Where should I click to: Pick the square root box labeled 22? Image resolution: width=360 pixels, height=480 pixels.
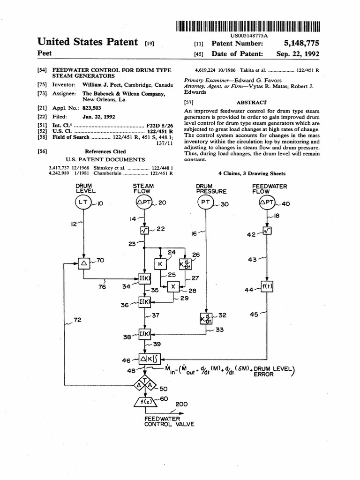(x=144, y=230)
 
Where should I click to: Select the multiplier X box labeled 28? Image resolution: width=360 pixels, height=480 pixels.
(x=172, y=286)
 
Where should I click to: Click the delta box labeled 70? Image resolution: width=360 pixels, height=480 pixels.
(x=85, y=263)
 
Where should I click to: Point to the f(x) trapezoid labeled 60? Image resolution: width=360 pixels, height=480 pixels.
(x=145, y=402)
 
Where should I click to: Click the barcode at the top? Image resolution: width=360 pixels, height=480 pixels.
(x=248, y=26)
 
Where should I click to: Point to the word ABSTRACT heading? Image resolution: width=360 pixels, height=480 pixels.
(x=252, y=102)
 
